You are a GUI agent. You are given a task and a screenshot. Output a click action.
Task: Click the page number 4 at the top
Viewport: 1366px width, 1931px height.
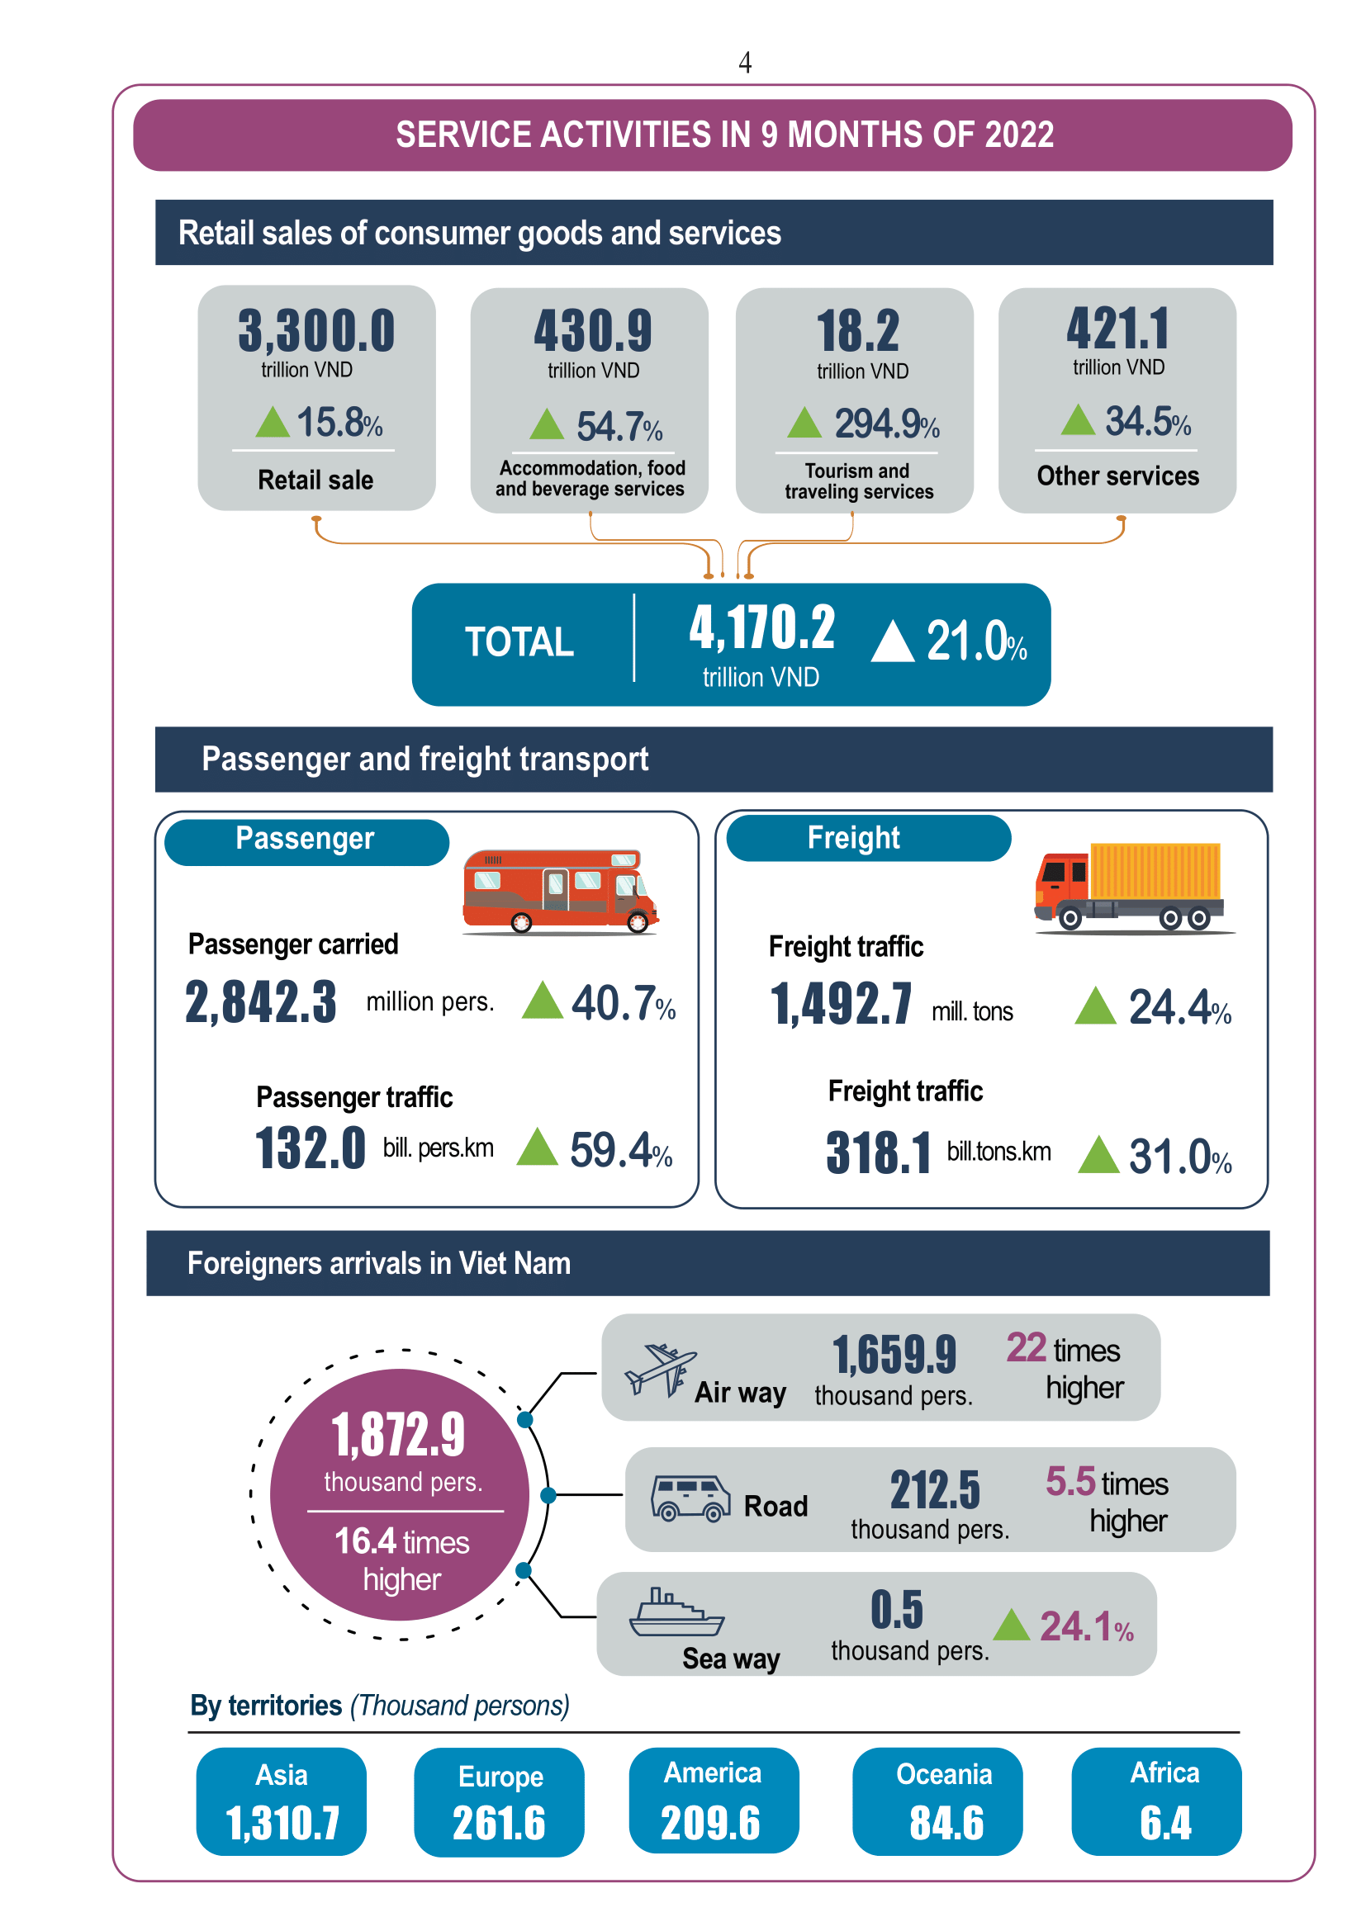click(x=744, y=62)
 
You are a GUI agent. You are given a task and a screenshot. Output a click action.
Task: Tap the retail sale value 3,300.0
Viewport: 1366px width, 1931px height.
click(x=316, y=330)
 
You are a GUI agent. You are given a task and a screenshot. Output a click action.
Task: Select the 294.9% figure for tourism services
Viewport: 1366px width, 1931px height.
click(x=886, y=423)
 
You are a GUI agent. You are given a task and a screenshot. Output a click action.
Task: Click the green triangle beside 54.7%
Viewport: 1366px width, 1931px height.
click(x=547, y=424)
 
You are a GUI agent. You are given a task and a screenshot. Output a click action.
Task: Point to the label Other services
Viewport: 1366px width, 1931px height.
click(x=1118, y=476)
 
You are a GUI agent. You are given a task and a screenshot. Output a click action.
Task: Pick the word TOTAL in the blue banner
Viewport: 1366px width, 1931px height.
click(x=519, y=641)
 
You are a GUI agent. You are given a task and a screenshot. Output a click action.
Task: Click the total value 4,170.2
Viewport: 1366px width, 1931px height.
click(x=762, y=627)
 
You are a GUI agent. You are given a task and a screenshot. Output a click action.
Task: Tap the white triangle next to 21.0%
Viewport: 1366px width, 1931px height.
click(x=893, y=641)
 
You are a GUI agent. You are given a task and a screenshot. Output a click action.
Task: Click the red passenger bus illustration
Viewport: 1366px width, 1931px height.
click(x=560, y=891)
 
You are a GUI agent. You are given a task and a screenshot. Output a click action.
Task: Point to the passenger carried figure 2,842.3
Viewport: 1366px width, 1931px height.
click(x=261, y=1002)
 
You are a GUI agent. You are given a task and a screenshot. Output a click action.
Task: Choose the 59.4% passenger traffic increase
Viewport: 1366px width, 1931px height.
click(x=621, y=1151)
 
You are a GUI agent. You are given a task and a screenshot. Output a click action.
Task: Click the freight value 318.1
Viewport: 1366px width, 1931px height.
click(x=878, y=1152)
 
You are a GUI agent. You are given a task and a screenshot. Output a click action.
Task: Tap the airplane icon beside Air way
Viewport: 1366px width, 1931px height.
click(x=661, y=1370)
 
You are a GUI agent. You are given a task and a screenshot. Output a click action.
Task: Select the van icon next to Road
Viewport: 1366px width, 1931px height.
click(x=690, y=1498)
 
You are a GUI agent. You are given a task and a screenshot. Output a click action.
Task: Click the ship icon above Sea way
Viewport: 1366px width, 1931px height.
click(x=676, y=1612)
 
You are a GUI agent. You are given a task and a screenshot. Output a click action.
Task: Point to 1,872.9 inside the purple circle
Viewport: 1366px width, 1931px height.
click(x=399, y=1435)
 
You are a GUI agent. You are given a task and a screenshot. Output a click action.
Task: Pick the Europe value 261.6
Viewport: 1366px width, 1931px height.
click(x=499, y=1824)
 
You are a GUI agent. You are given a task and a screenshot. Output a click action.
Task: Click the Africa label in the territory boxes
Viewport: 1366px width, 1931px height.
click(x=1165, y=1772)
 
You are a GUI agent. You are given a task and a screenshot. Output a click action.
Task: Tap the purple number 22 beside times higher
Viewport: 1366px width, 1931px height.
click(x=1027, y=1347)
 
